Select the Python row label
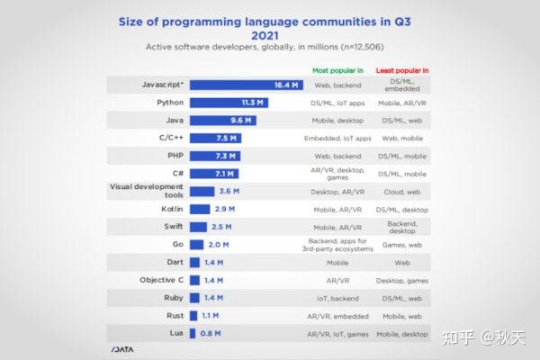(x=169, y=103)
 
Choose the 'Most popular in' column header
(x=337, y=69)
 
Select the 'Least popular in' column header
(x=400, y=69)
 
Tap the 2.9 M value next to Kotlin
(x=224, y=208)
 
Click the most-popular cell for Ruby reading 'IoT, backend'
(x=337, y=296)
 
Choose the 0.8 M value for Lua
(x=210, y=332)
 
